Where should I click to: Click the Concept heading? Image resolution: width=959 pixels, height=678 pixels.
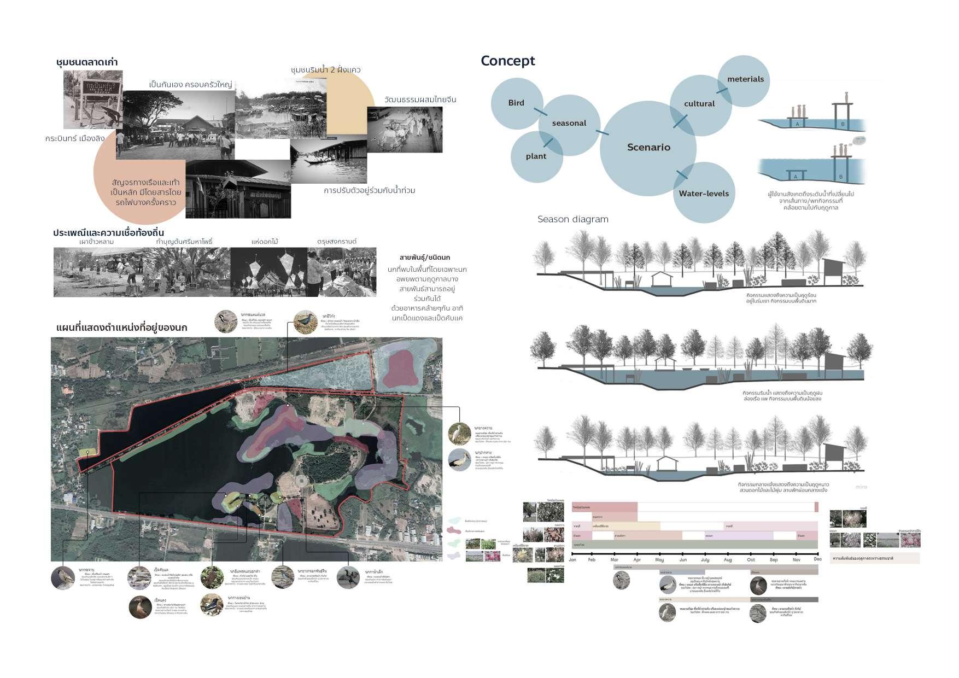(507, 61)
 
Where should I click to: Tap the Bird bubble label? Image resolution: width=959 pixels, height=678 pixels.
(516, 103)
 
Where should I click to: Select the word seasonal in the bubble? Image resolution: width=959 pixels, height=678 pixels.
(569, 123)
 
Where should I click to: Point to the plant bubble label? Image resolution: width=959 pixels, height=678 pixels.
(536, 156)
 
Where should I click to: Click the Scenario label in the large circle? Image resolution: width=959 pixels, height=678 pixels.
(648, 147)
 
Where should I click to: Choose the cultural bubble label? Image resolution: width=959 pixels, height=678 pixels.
(699, 103)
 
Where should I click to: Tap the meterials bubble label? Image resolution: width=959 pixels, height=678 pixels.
(745, 79)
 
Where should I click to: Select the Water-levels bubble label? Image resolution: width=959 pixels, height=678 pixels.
(704, 194)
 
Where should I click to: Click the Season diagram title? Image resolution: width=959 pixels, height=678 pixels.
(572, 219)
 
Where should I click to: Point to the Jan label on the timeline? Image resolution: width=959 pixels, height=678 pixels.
(572, 559)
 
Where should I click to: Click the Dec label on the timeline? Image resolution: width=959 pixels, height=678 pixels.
(817, 559)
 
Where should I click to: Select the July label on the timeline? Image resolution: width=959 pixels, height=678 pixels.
(705, 560)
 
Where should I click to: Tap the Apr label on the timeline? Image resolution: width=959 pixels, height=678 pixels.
(637, 560)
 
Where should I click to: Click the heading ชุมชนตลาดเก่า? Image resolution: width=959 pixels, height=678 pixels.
(87, 62)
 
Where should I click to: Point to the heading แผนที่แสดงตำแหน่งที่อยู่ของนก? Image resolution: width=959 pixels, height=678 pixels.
(121, 328)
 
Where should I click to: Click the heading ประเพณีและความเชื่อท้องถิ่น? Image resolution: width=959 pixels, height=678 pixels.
(108, 232)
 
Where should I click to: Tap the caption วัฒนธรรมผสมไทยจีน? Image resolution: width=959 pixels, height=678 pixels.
(420, 100)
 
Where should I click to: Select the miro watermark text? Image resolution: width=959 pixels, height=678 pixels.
(861, 487)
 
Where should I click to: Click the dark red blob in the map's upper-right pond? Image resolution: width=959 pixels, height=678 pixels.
(400, 368)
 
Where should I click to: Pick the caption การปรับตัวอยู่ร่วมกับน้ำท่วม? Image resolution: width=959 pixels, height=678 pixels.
(369, 190)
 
